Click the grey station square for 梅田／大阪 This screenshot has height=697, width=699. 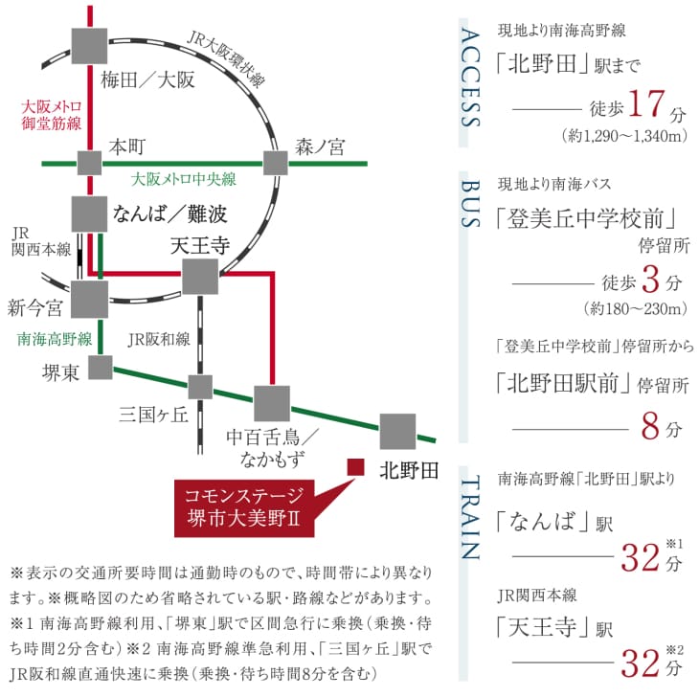click(x=89, y=46)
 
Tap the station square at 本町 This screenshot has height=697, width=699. click(x=90, y=163)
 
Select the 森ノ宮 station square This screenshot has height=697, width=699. click(x=275, y=163)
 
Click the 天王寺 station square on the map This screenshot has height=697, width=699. click(x=200, y=277)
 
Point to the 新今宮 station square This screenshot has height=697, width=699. click(x=90, y=299)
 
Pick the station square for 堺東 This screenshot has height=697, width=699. click(x=101, y=368)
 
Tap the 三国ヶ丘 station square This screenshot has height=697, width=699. click(x=200, y=387)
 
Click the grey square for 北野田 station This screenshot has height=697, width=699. click(x=397, y=432)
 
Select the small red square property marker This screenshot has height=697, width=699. click(x=356, y=467)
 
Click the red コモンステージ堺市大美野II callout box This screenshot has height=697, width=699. click(x=244, y=508)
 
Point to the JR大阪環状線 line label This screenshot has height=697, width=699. click(x=226, y=59)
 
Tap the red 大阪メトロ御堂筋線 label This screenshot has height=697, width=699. click(x=52, y=115)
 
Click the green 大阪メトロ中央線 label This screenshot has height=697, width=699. click(x=183, y=180)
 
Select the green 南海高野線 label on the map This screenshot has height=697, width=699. click(x=55, y=339)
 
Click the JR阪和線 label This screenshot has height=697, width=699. click(x=159, y=340)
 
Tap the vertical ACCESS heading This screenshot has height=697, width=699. click(x=470, y=78)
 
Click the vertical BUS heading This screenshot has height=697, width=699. click(x=470, y=204)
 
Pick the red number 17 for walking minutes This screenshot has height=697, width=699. click(x=646, y=103)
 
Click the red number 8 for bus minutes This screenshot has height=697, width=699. click(x=650, y=426)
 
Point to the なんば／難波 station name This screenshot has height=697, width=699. click(x=169, y=214)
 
